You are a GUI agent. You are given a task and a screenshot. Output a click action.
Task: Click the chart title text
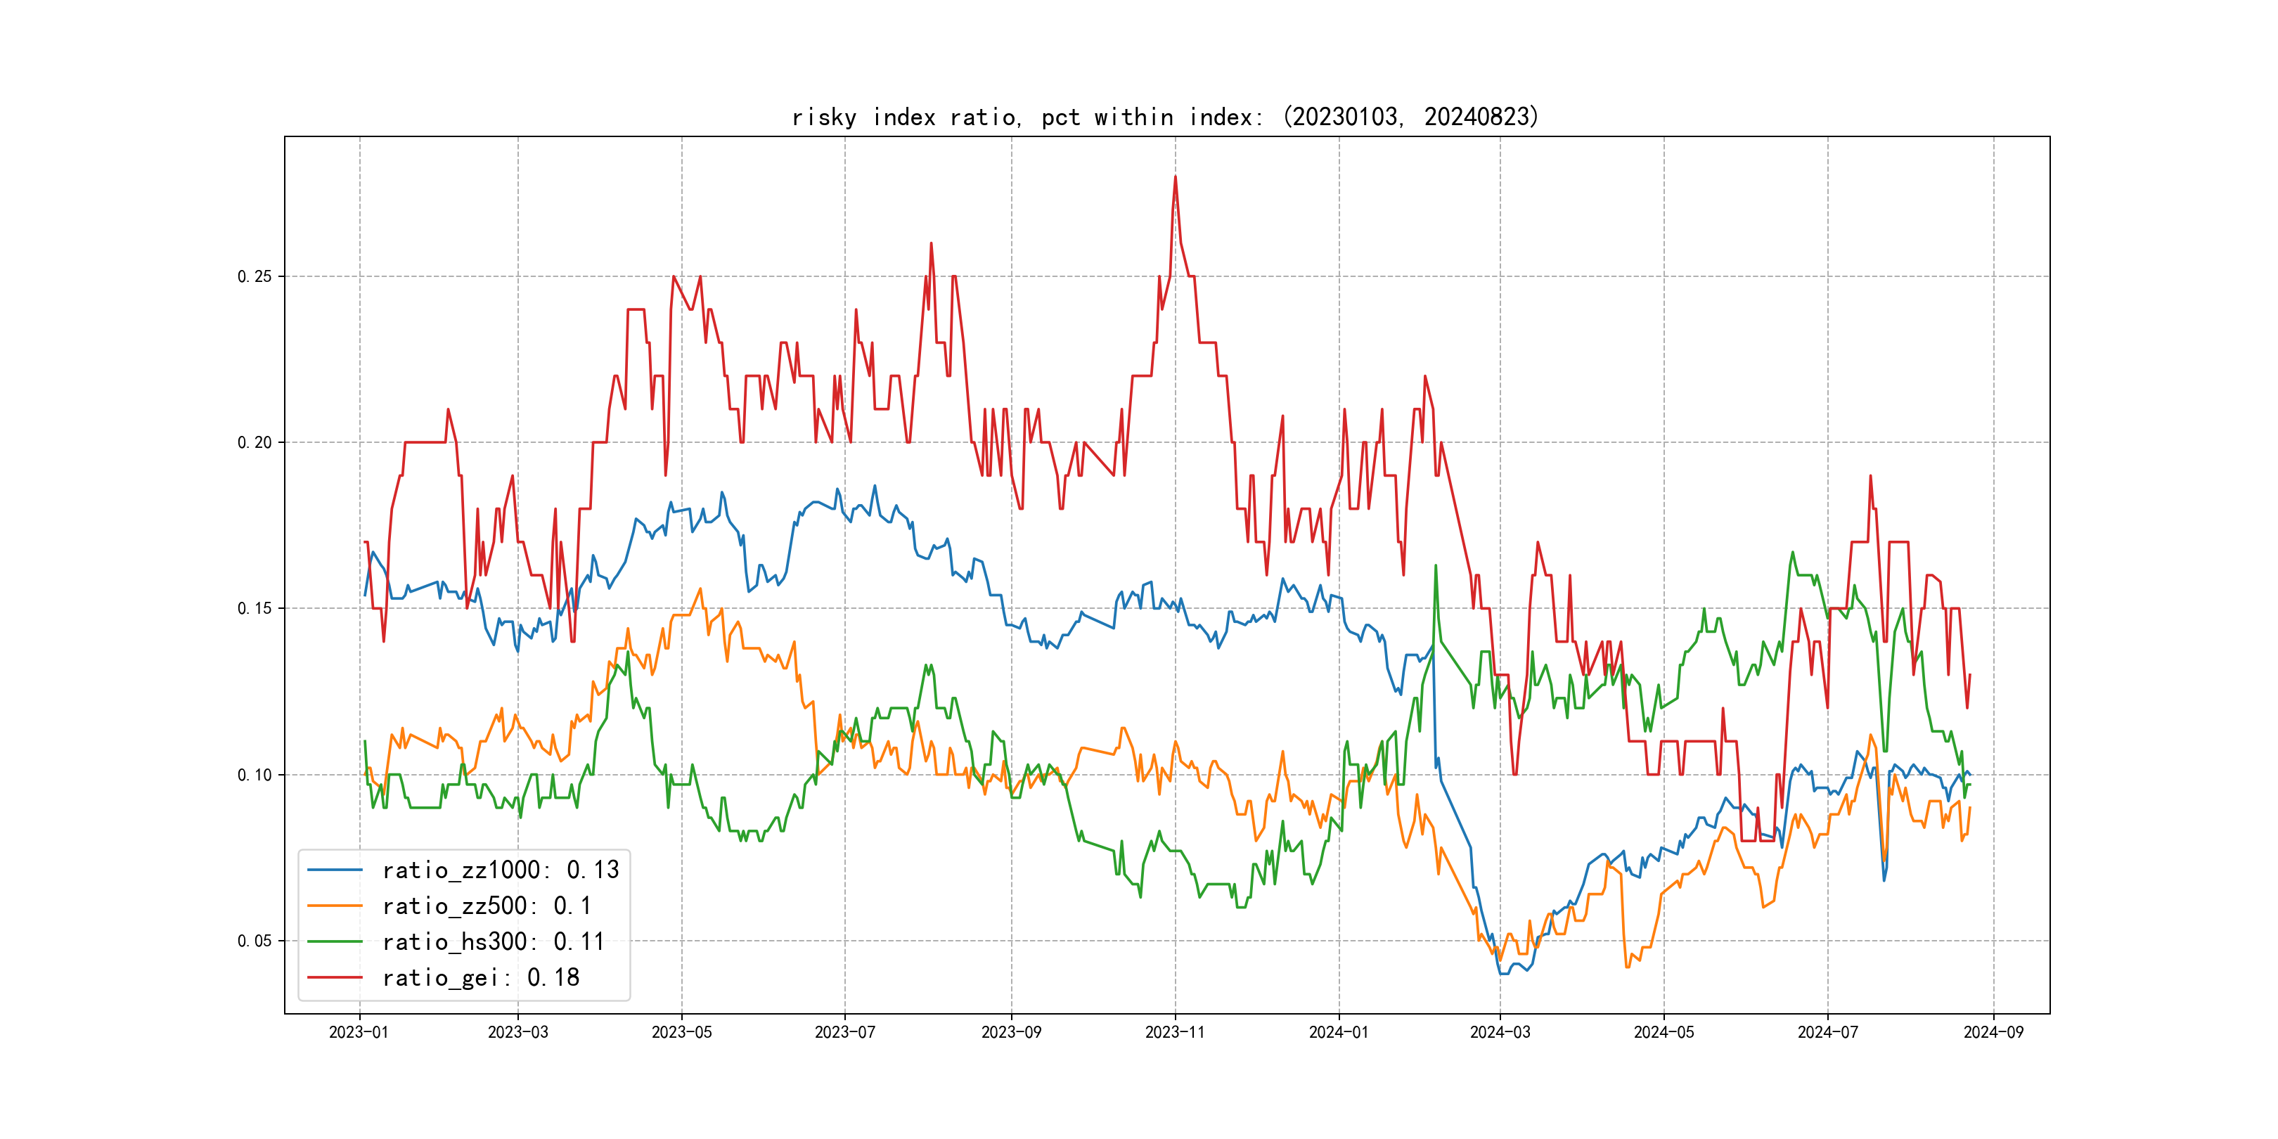[x=1166, y=117]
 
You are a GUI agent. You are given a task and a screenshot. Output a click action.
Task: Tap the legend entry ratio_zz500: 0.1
[x=487, y=906]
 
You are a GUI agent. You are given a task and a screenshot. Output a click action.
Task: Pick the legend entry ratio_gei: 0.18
[x=480, y=978]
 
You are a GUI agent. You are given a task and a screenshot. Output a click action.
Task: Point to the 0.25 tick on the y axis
[x=255, y=277]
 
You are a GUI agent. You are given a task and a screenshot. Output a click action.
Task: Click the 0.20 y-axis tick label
[x=255, y=443]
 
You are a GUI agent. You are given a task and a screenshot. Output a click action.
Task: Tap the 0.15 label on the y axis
[x=255, y=608]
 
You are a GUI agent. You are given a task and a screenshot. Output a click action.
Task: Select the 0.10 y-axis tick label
[x=255, y=776]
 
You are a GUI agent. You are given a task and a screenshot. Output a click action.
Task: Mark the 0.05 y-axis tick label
[x=255, y=941]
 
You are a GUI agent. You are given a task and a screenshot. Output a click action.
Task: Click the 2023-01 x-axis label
[x=359, y=1033]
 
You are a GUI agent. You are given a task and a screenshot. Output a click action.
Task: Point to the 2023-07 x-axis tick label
[x=844, y=1033]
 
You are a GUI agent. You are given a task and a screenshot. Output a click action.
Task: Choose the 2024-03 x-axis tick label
[x=1500, y=1033]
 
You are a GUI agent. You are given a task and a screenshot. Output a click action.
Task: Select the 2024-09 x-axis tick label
[x=1993, y=1033]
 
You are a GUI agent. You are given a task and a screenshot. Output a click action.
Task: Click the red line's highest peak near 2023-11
[x=1176, y=177]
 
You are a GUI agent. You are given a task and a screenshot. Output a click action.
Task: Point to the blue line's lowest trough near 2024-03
[x=1503, y=974]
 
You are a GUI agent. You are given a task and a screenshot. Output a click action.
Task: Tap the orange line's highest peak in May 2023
[x=701, y=589]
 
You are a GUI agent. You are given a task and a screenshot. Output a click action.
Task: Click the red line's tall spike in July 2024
[x=1870, y=476]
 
